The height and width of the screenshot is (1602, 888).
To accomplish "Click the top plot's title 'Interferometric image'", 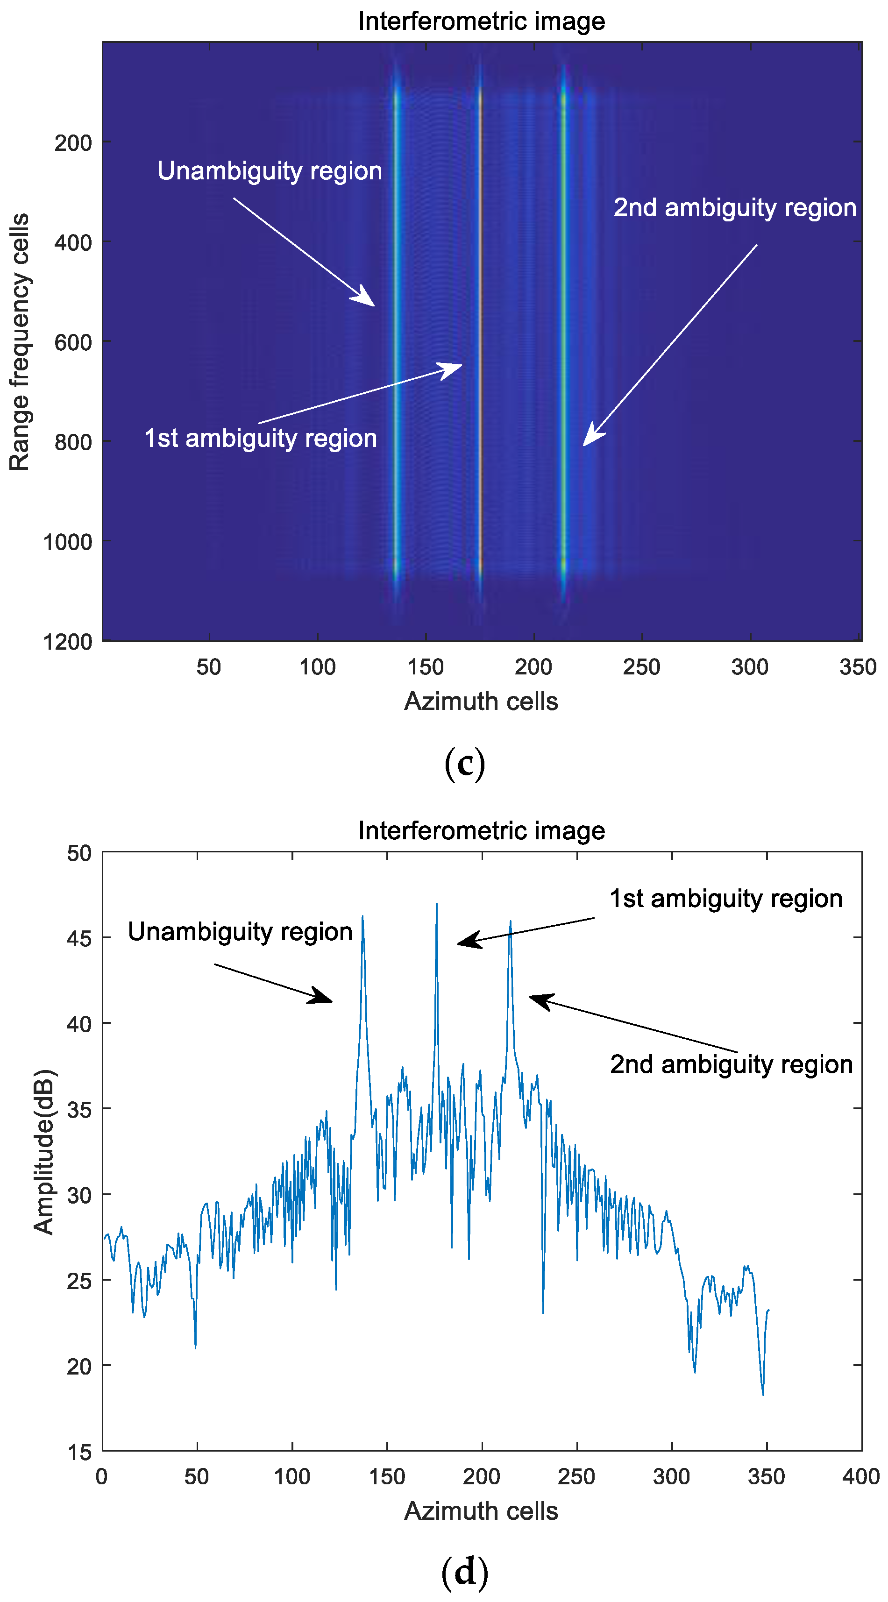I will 481,21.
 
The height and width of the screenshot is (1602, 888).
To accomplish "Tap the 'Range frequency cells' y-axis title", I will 19,341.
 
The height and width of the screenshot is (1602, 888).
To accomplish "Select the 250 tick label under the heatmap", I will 641,666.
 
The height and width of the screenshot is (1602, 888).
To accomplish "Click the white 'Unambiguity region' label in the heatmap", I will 269,171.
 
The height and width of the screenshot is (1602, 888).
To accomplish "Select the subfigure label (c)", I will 464,764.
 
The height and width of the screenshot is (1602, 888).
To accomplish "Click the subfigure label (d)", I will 464,1572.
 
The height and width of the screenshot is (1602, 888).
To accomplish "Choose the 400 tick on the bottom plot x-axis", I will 860,1476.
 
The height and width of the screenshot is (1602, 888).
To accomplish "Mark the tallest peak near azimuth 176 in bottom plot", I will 437,905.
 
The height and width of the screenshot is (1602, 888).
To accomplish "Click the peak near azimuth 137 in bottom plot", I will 362,917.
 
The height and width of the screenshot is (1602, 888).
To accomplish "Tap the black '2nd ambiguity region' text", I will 731,1064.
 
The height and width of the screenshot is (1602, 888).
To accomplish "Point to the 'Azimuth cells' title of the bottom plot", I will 481,1510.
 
